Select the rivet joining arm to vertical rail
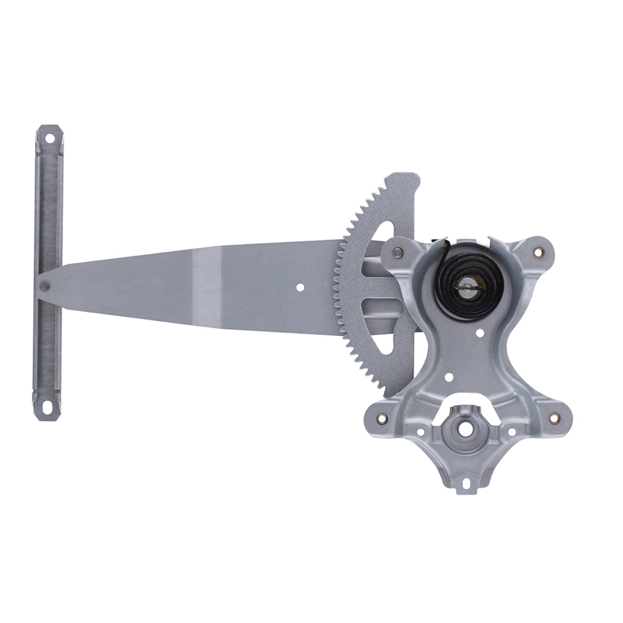coord(45,286)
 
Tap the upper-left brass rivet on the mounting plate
coord(400,252)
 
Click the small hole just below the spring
coord(481,332)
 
